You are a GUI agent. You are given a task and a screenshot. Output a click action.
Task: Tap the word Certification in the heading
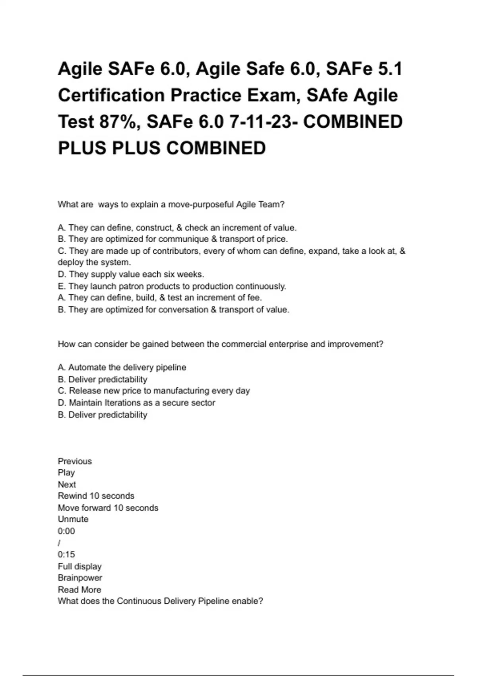pos(111,95)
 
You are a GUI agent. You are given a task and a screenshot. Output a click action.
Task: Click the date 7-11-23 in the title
pos(263,122)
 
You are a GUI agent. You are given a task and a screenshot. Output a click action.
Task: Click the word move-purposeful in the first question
pos(201,205)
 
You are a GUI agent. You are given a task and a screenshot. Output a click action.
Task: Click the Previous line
pos(75,461)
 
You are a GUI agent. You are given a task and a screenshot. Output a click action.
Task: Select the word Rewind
pos(72,496)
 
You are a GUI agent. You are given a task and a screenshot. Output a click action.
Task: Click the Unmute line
pos(73,519)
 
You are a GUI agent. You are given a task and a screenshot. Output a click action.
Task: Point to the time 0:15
pos(66,554)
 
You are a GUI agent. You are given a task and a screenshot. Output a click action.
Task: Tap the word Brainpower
pos(80,578)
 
